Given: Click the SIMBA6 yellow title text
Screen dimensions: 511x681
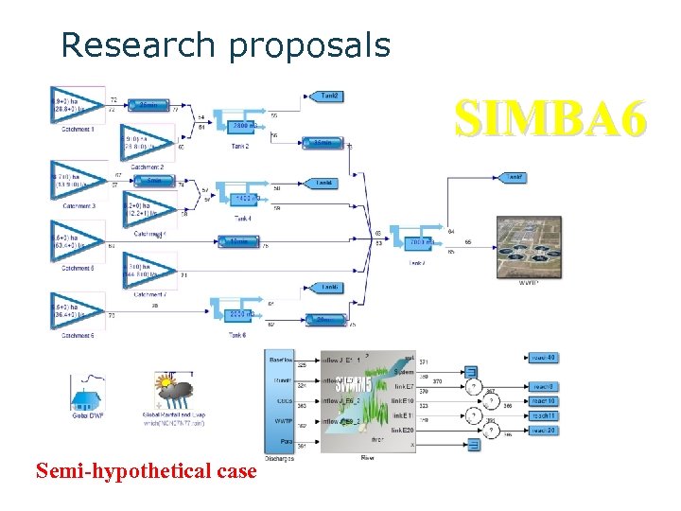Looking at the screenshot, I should coord(551,120).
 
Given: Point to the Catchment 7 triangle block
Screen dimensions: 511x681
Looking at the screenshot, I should coord(148,273).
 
